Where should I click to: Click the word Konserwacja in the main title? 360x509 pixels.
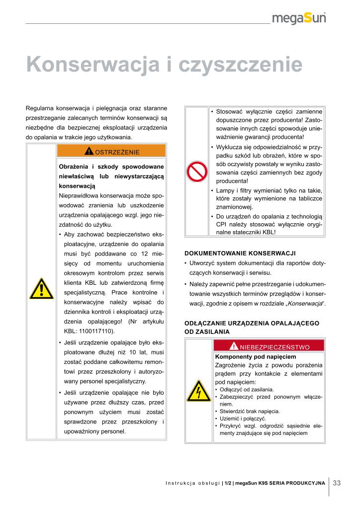tap(92, 65)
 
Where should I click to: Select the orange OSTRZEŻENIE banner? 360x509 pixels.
tap(111, 152)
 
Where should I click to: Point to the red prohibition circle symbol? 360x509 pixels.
tap(196, 172)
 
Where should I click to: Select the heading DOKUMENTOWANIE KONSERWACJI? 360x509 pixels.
tap(240, 253)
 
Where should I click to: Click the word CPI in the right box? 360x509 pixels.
tap(222, 224)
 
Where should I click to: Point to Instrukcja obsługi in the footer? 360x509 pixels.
tap(193, 483)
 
